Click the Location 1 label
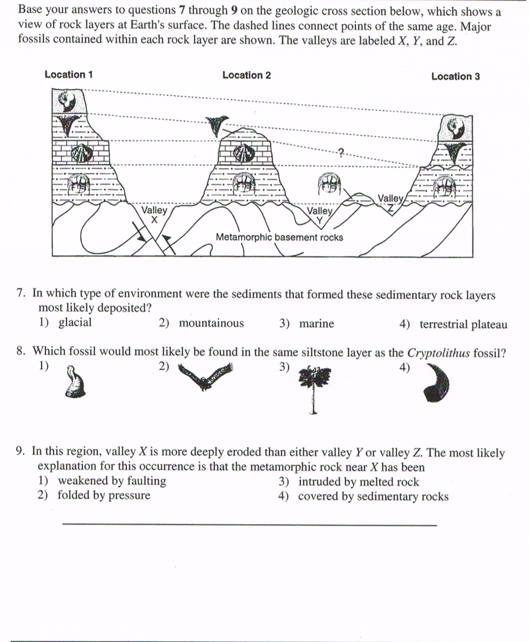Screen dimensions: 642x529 69,75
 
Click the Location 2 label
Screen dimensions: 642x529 246,75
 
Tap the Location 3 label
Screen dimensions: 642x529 455,76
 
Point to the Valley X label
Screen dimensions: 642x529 154,215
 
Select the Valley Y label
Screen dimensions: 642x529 320,215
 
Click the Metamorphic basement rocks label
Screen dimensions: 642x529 280,237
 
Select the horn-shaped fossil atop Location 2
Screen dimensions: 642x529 218,125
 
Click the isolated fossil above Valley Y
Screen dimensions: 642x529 329,183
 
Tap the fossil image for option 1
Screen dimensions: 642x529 75,384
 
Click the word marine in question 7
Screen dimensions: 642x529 316,324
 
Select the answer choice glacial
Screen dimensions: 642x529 75,323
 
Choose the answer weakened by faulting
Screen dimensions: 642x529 111,481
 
